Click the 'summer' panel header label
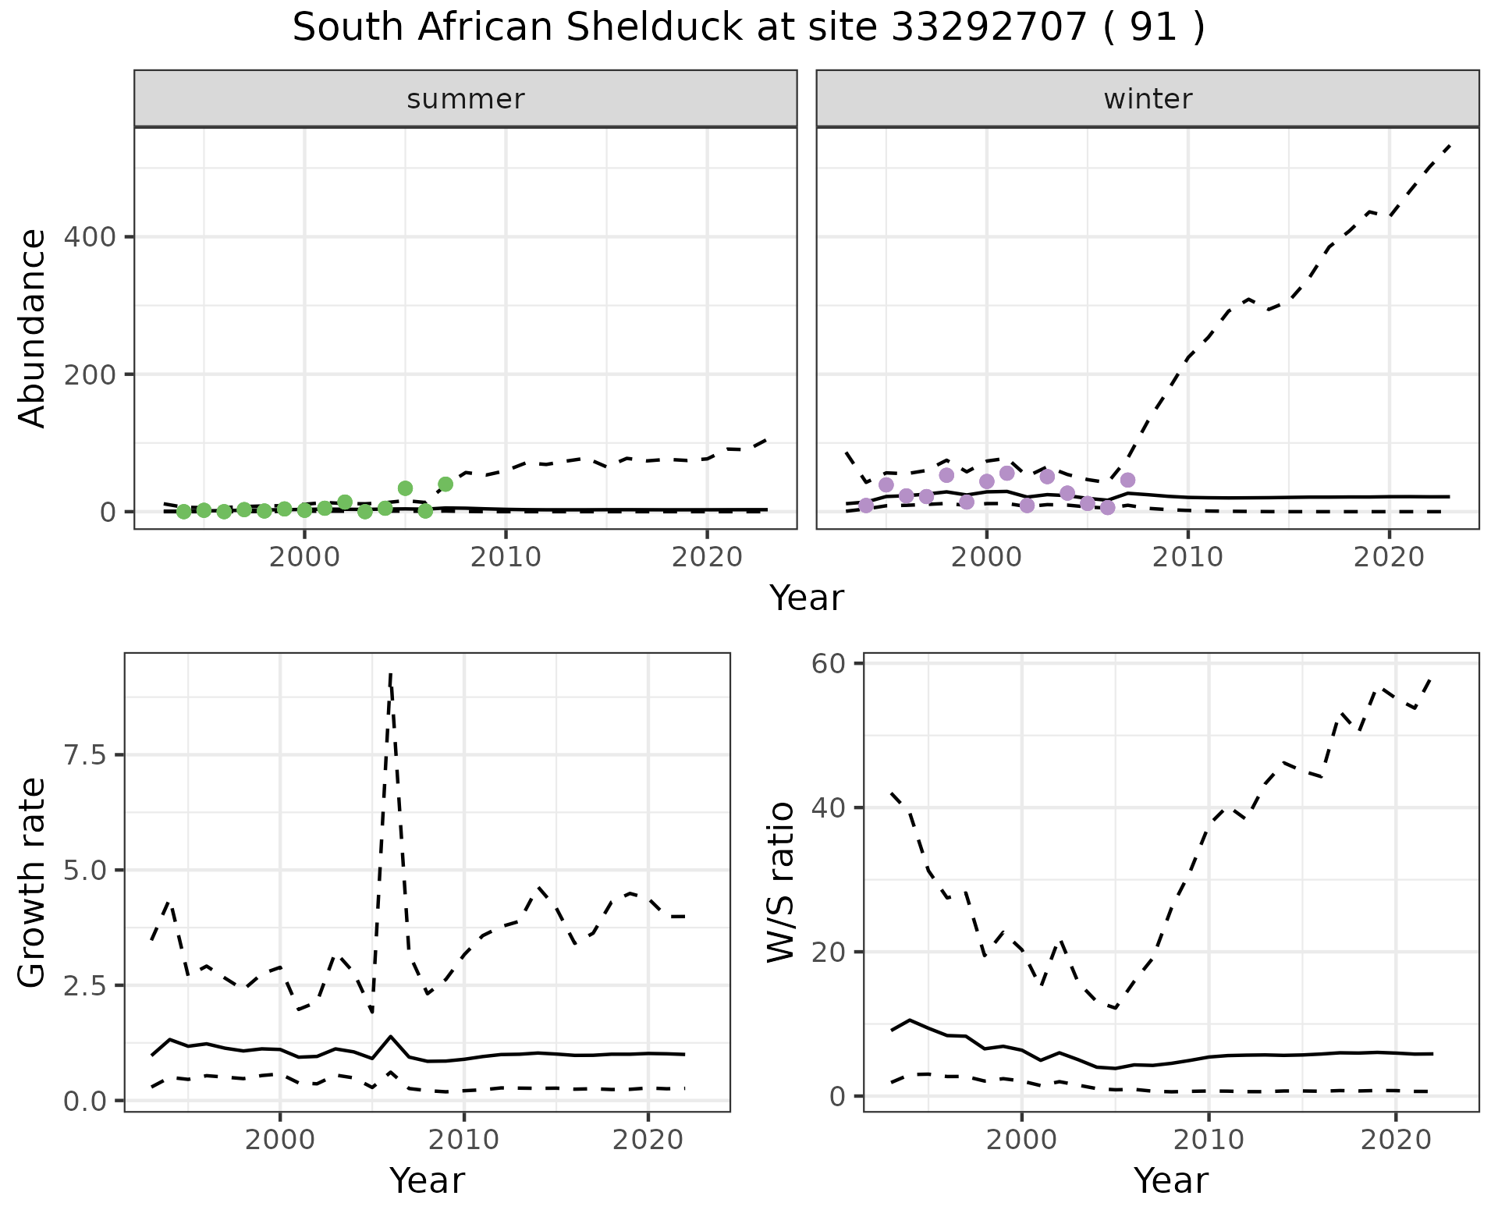click(466, 99)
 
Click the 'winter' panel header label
click(1148, 99)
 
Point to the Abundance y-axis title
click(33, 328)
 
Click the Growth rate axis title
click(33, 882)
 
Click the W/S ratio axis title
click(780, 882)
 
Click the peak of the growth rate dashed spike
click(390, 674)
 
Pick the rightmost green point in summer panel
click(445, 484)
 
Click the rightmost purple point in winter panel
click(1127, 480)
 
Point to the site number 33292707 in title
click(989, 28)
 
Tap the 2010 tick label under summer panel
click(506, 557)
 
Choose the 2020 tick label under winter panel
click(1389, 557)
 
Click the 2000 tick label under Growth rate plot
click(280, 1140)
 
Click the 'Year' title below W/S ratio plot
click(1170, 1180)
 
